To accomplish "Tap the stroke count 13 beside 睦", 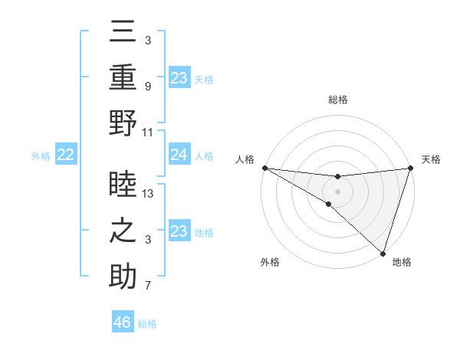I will coord(149,194).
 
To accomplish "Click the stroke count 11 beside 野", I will coord(149,132).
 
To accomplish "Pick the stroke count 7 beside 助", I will coord(147,286).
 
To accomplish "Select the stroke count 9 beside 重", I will coord(147,87).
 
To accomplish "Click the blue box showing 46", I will coord(123,322).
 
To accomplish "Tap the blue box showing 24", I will coord(179,155).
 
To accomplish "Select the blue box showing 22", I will coord(65,155).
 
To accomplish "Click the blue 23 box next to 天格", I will coord(179,77).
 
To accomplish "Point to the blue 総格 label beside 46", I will coord(147,324).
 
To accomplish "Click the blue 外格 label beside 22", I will coord(41,156).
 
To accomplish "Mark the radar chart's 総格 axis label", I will coord(338,100).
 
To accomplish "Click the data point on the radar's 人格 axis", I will coord(264,168).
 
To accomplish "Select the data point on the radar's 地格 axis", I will coord(383,253).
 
